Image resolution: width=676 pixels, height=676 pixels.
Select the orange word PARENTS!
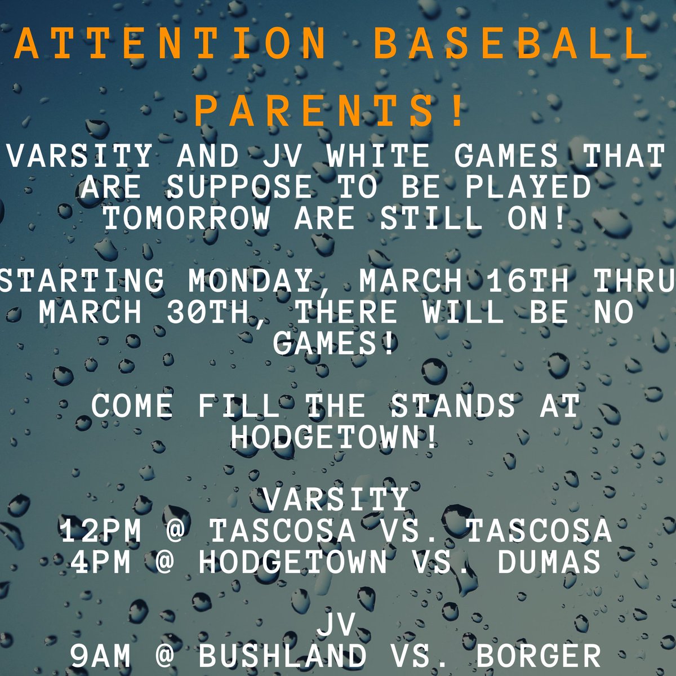(332, 112)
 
